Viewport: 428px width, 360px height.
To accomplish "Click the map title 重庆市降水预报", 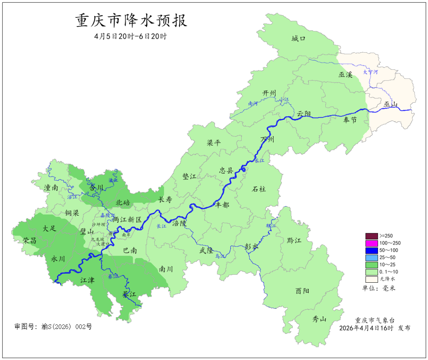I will click(131, 21).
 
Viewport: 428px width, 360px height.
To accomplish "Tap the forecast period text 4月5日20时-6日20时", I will click(131, 36).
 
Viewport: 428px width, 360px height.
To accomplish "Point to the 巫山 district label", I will click(390, 105).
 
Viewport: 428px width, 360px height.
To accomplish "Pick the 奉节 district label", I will click(350, 120).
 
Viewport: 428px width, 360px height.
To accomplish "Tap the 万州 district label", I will click(267, 140).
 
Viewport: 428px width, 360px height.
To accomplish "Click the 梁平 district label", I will click(214, 143).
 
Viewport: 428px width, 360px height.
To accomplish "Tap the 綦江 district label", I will click(129, 294).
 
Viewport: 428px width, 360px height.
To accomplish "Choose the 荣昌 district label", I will click(29, 241).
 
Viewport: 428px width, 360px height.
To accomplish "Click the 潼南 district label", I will click(52, 188).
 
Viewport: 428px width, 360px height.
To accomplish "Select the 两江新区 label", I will click(126, 220).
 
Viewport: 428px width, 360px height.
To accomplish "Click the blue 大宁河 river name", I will click(371, 73).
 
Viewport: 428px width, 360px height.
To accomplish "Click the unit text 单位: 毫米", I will click(379, 288).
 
